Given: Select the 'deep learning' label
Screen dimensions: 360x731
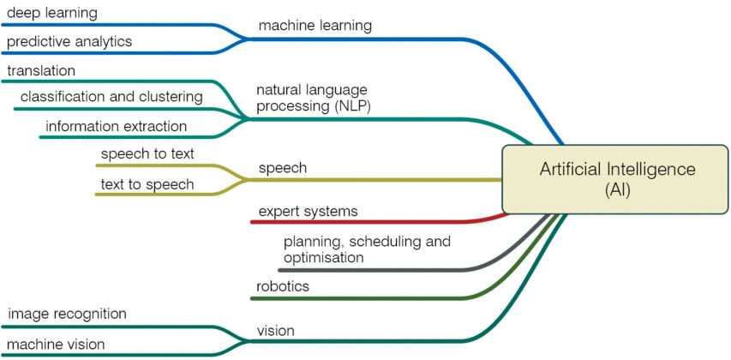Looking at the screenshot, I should coord(51,13).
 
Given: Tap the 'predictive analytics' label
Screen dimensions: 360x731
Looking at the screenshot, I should coord(69,41).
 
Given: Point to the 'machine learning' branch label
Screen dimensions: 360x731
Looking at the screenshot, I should coord(315,26).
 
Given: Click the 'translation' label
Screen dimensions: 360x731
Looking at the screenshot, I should coord(41,70).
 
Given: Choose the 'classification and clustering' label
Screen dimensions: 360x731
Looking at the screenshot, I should coord(111,97).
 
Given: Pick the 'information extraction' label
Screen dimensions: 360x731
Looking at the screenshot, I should coord(116,126).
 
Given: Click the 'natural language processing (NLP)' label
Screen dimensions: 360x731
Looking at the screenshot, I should coord(314,97).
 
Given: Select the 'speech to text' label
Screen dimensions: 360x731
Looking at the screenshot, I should coord(147,154).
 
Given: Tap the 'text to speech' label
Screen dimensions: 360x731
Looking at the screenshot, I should coord(147,183).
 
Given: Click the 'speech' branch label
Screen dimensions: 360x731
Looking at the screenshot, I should coord(282,168).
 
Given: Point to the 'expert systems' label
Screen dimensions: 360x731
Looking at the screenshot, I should coord(309,210).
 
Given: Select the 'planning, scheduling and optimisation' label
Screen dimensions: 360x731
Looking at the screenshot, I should coord(367,249).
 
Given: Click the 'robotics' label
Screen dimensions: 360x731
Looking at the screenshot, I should coord(283,285).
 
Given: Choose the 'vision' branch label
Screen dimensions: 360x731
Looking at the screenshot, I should coord(275,330).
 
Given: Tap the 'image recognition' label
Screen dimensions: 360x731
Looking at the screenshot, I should coord(67,314).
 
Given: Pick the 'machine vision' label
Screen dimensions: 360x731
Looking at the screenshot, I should coord(56,344).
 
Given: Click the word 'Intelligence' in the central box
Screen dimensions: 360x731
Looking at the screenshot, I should coord(650,170).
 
